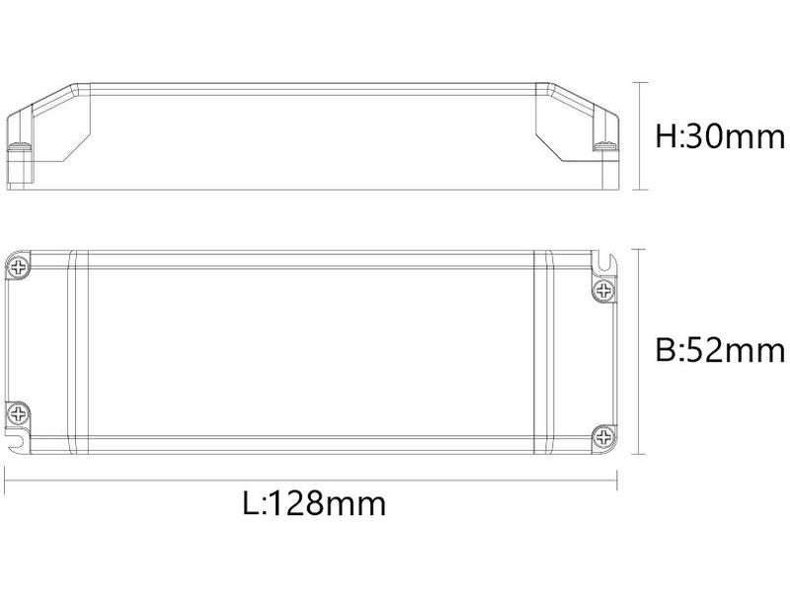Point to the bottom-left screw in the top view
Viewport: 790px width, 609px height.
tap(19, 412)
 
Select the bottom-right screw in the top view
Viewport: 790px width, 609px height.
tap(604, 436)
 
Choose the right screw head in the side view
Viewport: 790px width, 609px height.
tap(604, 147)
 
